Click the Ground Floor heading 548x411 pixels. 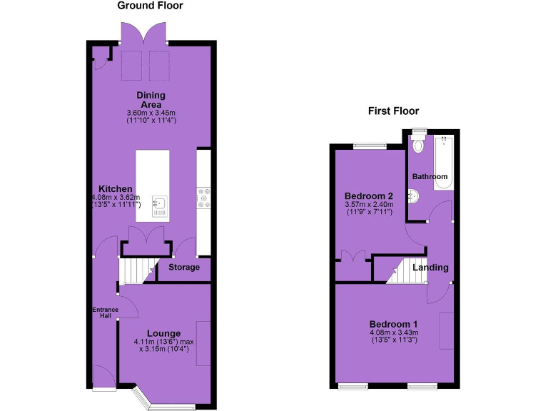click(x=150, y=6)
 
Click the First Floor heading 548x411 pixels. click(x=393, y=111)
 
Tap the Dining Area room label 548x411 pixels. click(x=151, y=100)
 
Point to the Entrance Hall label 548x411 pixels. click(x=105, y=312)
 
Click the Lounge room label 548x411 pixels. click(x=163, y=333)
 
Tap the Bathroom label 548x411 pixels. click(x=430, y=177)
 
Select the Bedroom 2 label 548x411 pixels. click(x=369, y=196)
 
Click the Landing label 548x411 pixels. click(x=430, y=268)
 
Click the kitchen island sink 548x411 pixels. click(x=158, y=205)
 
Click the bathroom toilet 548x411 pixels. click(x=419, y=144)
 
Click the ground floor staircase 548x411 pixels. click(x=136, y=270)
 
